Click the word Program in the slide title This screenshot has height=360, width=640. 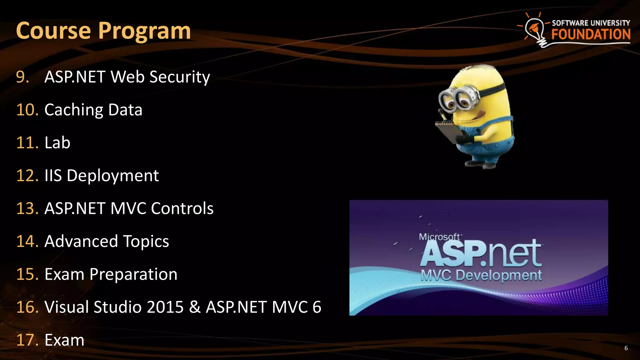point(144,31)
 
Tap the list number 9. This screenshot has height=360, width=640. point(22,77)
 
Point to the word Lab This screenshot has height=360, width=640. point(57,143)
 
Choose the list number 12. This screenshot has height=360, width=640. point(27,176)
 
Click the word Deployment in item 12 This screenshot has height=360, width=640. point(112,176)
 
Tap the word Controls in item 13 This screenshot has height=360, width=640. point(182,208)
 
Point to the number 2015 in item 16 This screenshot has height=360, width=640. point(165,307)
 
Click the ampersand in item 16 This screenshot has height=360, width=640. point(195,307)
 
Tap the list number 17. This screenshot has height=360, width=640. point(27,340)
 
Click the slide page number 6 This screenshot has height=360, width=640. point(626,348)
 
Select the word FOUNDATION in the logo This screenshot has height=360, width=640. point(591,34)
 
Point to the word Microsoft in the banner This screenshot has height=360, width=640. point(439,237)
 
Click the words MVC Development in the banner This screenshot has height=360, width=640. point(481,275)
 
